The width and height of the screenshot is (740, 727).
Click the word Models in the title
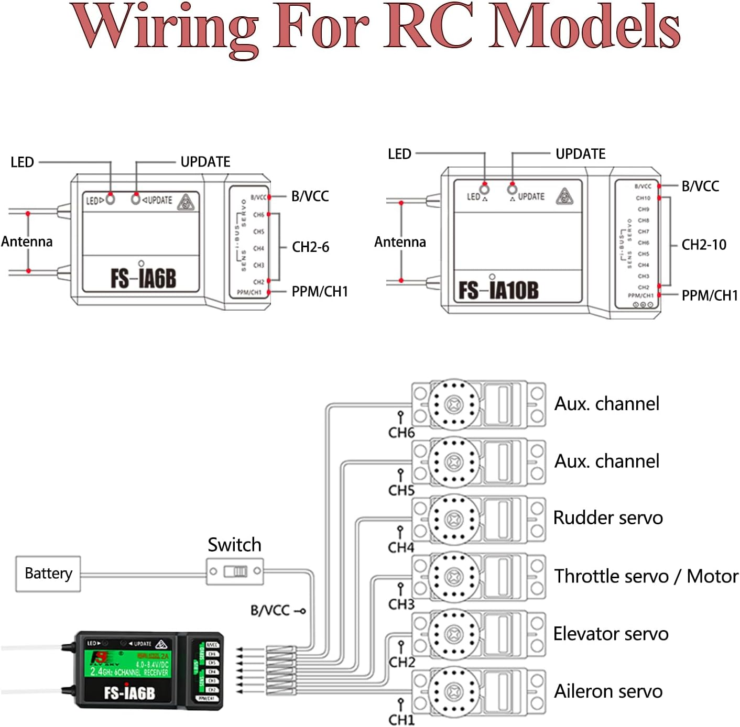[584, 26]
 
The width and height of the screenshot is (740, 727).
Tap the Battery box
[48, 574]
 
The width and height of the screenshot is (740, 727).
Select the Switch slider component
[235, 571]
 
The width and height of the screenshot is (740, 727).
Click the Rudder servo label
[608, 518]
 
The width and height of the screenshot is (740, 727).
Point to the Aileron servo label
[608, 691]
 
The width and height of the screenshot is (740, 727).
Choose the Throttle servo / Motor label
[646, 576]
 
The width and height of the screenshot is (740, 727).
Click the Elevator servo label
[611, 634]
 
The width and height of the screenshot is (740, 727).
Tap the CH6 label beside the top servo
[401, 433]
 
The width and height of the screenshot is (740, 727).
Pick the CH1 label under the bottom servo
[401, 720]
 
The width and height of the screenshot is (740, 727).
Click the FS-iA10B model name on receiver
[498, 290]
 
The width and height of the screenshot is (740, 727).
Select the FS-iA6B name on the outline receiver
[143, 278]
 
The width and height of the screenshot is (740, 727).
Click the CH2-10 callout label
[704, 245]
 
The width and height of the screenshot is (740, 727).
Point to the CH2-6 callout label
[310, 247]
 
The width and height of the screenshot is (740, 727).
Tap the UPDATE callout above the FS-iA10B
[580, 154]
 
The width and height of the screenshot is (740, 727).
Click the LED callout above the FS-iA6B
[22, 162]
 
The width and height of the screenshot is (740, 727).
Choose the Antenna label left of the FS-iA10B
[400, 242]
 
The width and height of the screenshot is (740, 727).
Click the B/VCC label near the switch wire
[270, 610]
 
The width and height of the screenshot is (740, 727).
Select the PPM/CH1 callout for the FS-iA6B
[320, 292]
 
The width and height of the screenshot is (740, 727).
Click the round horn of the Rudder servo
[454, 519]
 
